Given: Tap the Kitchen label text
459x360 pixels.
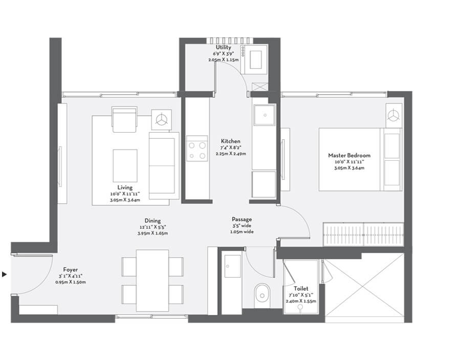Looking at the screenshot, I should click(x=230, y=141).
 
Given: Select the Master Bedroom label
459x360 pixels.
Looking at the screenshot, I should click(x=349, y=156).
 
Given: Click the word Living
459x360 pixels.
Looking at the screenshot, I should click(x=125, y=188).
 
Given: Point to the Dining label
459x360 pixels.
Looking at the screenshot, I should click(x=152, y=220).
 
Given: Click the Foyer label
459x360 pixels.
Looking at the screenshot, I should click(x=71, y=269).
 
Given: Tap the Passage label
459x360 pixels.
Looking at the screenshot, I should click(x=242, y=219).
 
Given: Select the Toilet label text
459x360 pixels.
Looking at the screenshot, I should click(x=301, y=288).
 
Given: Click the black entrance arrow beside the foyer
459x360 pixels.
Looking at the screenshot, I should click(x=5, y=275).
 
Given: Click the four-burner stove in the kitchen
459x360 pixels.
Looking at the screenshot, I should click(x=197, y=149).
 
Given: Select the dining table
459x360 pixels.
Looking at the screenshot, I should click(x=152, y=280).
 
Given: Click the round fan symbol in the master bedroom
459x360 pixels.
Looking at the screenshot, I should click(x=393, y=116).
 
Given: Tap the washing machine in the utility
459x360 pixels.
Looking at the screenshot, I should click(x=258, y=57).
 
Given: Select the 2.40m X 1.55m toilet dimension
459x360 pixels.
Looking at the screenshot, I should click(x=301, y=302).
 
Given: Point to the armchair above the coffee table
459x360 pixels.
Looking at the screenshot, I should click(x=124, y=119).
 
